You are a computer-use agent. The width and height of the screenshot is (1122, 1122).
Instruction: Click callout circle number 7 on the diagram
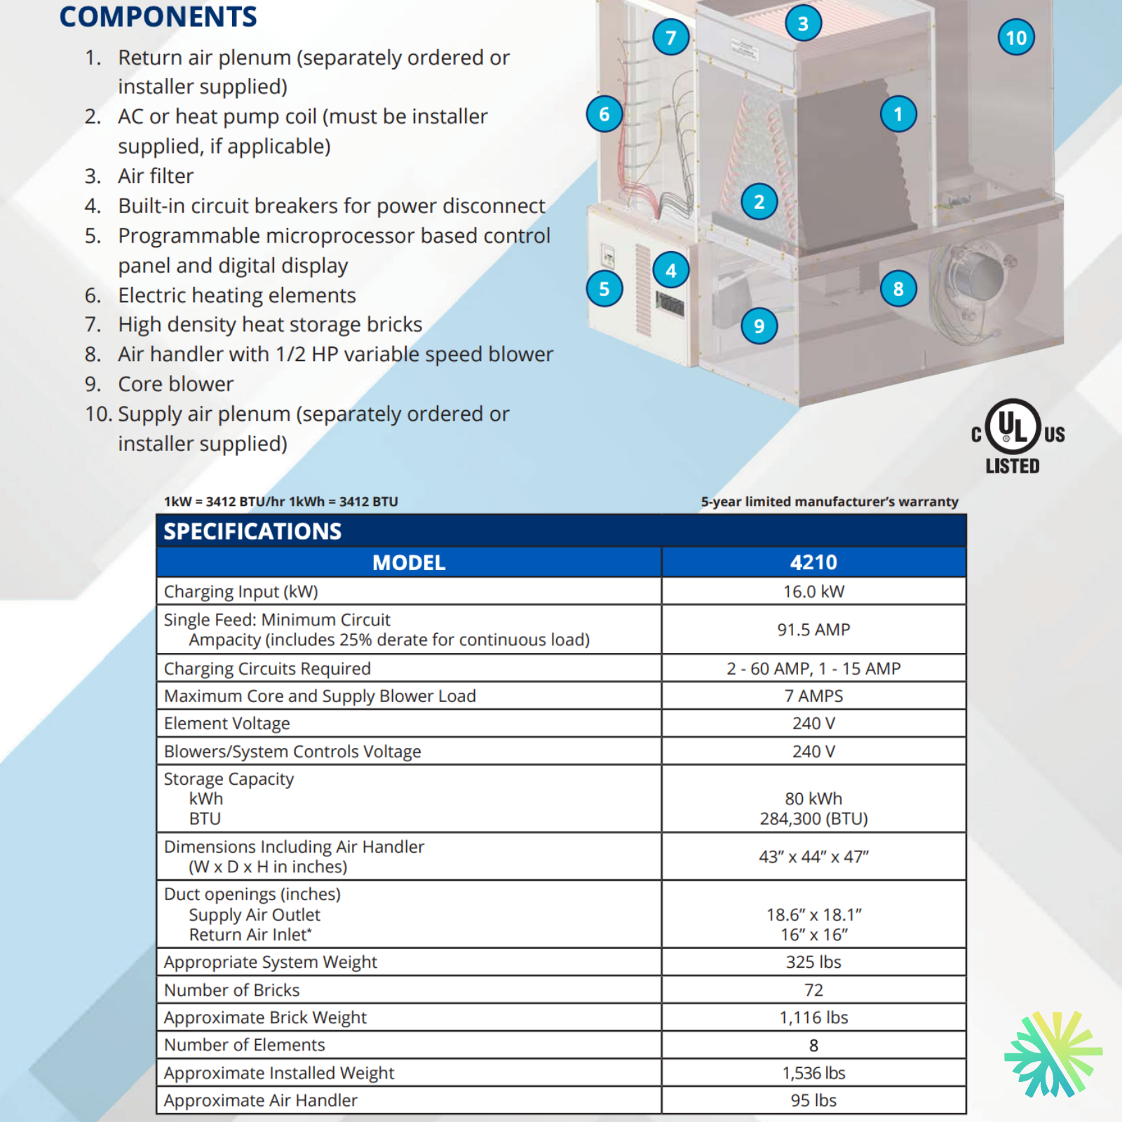tap(670, 37)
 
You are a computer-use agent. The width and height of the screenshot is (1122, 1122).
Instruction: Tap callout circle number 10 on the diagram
tap(1015, 37)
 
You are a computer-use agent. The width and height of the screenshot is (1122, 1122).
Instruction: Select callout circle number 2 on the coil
tap(759, 202)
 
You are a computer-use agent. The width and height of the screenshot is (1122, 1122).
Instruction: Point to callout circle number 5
tap(604, 288)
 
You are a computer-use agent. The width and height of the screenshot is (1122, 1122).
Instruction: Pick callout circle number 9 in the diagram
tap(759, 325)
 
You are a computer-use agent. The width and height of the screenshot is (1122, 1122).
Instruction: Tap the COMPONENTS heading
tap(158, 17)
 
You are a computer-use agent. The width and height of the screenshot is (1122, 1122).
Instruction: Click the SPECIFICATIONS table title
tap(252, 531)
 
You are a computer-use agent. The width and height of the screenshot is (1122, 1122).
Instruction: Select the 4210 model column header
tap(813, 562)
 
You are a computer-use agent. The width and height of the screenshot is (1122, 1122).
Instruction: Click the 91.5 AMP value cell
tap(813, 630)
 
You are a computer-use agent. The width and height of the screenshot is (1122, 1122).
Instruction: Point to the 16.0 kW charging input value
tap(813, 591)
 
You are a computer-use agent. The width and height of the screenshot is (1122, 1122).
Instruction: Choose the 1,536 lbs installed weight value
tap(813, 1073)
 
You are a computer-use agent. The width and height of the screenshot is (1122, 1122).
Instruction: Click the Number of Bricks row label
tap(232, 990)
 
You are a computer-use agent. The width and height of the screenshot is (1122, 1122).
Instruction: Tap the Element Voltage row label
tap(227, 724)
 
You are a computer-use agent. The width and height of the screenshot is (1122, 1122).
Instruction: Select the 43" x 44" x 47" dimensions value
tap(813, 857)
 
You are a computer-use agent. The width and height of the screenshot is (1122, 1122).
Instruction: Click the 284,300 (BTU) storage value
tap(813, 819)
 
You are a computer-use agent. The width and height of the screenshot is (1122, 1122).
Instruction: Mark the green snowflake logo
tap(1053, 1053)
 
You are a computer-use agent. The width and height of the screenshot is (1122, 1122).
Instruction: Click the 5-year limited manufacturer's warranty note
tap(830, 501)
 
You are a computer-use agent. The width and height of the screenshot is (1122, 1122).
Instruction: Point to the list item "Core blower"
tap(175, 384)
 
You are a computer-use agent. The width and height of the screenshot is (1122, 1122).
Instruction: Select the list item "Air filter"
tap(156, 176)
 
